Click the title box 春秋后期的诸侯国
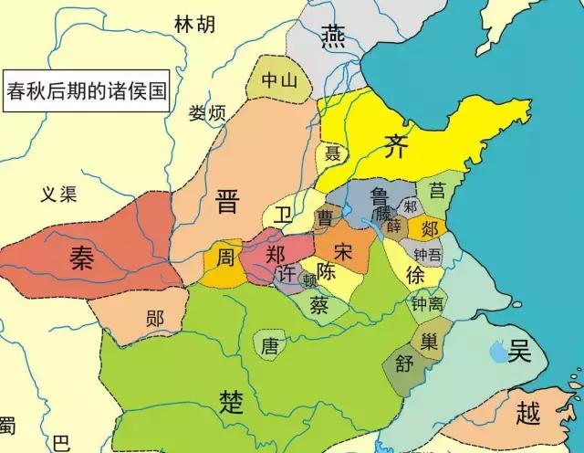click(x=87, y=91)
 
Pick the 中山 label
click(x=278, y=80)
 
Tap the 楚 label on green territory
click(x=232, y=400)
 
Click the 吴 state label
click(x=520, y=350)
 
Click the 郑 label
click(x=275, y=255)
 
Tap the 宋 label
click(x=342, y=248)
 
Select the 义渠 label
click(x=60, y=194)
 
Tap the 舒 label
click(x=404, y=365)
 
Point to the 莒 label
click(x=439, y=190)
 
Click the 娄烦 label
click(x=207, y=113)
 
